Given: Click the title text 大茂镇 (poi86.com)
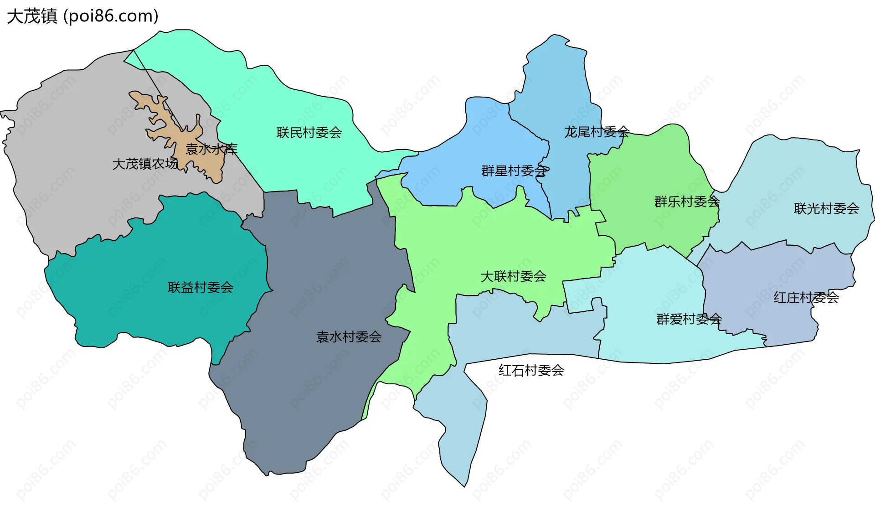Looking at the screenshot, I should click(x=82, y=16).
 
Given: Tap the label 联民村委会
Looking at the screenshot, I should click(x=309, y=133).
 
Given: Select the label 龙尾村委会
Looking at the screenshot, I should click(x=597, y=132).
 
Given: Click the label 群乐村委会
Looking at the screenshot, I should click(x=687, y=202).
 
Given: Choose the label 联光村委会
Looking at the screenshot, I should click(x=826, y=209).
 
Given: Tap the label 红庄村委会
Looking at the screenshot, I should click(x=806, y=298).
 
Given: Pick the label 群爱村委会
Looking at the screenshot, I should click(x=689, y=319).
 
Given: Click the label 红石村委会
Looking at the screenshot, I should click(x=531, y=370).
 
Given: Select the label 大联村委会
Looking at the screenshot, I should click(x=513, y=276).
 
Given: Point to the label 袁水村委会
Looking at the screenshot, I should click(x=349, y=337).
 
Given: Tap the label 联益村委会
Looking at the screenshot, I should click(x=201, y=288).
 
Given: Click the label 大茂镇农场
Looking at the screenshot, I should click(x=145, y=164).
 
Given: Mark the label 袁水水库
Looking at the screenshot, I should click(x=211, y=149).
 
